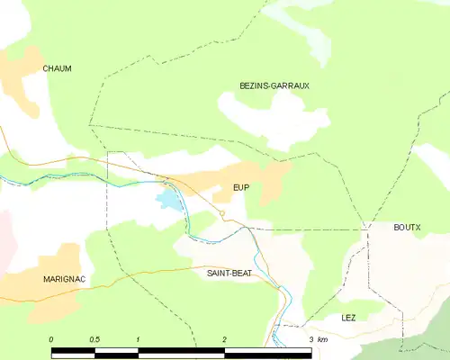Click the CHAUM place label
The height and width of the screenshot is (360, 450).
(x=57, y=68)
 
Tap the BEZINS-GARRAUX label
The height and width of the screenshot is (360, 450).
(x=274, y=85)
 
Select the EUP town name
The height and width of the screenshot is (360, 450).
(x=240, y=187)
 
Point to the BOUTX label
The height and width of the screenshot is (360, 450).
(x=407, y=228)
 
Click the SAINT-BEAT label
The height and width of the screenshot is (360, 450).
(x=229, y=272)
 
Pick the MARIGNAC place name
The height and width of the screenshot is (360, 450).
(x=64, y=280)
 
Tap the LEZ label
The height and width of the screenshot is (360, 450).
(x=348, y=319)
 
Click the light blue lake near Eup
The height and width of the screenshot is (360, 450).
(x=168, y=199)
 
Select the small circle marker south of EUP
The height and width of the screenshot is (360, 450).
(x=222, y=213)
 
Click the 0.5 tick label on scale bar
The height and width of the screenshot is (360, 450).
(x=94, y=339)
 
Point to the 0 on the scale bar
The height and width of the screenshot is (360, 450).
(x=51, y=339)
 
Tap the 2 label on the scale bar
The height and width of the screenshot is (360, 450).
(x=224, y=339)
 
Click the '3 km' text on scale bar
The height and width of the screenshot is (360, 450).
(x=317, y=339)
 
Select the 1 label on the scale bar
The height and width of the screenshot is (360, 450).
(x=138, y=339)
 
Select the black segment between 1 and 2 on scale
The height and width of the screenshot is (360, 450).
(x=180, y=351)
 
